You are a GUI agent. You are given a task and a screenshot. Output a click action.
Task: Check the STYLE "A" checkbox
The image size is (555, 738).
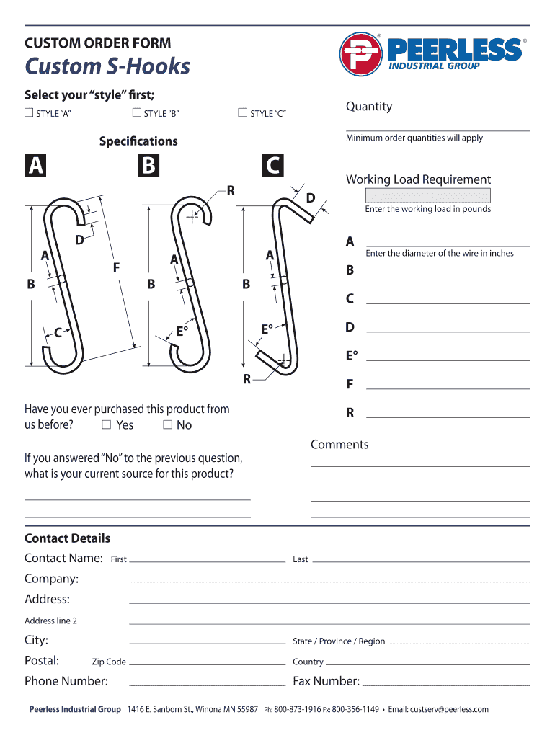point(29,112)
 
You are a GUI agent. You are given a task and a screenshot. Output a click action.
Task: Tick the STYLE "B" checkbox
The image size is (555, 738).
point(136,112)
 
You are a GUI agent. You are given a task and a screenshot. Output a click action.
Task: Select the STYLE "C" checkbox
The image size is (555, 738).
point(242,112)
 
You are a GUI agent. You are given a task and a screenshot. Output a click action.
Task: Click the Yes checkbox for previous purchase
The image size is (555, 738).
point(106,424)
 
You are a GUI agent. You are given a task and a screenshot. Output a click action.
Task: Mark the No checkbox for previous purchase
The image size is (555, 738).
point(167,424)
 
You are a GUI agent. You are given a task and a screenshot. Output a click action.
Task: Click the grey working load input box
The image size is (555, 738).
point(428,195)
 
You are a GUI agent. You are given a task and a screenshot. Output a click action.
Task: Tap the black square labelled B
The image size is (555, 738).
point(148,166)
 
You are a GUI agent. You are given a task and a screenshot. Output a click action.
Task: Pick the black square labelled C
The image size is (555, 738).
point(272,166)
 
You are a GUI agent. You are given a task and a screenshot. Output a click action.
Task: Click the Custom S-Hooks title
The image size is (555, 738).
point(107,66)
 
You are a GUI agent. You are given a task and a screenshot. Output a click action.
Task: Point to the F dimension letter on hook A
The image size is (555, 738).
point(115,267)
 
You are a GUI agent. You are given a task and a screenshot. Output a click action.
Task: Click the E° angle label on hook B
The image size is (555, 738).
point(182,332)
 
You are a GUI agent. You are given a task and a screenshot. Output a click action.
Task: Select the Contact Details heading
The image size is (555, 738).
point(67,538)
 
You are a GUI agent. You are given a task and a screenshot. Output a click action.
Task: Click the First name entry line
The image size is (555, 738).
point(207,559)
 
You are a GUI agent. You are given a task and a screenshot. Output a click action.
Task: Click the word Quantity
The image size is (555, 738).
point(368,107)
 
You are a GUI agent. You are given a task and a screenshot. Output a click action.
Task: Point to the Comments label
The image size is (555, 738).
point(339,445)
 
